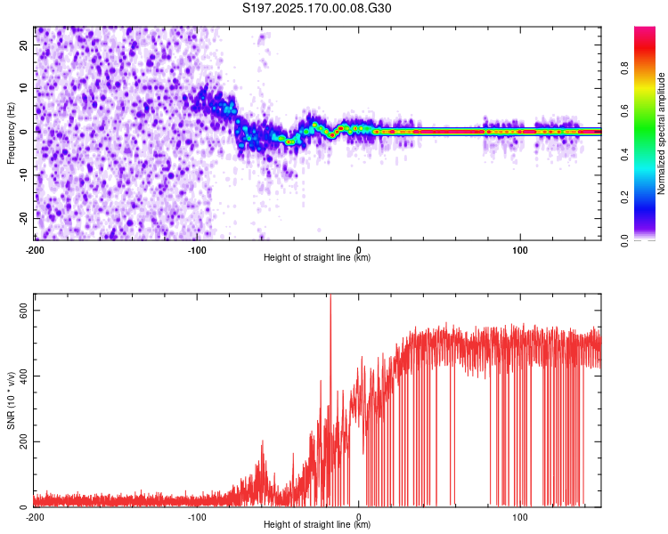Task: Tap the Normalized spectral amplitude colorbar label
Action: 661,133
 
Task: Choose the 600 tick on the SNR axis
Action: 21,310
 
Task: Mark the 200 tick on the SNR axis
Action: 21,441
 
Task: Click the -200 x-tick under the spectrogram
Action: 35,250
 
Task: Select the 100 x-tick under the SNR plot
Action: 520,517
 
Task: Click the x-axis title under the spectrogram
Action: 317,258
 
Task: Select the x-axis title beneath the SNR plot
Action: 317,525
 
